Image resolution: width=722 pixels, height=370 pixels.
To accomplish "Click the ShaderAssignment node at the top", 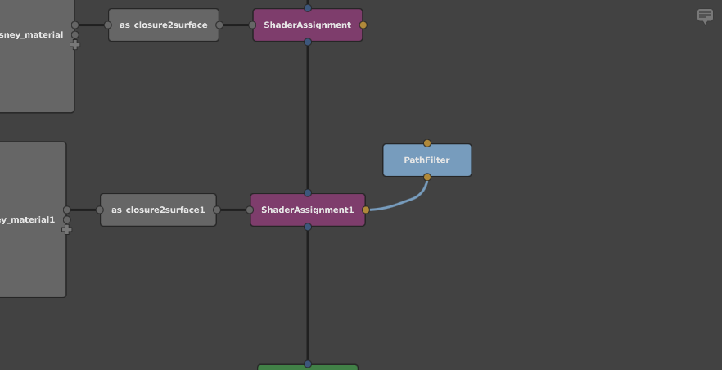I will point(308,25).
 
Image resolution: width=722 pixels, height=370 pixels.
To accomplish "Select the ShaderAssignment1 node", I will point(308,210).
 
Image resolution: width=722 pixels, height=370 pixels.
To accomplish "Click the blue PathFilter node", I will point(427,160).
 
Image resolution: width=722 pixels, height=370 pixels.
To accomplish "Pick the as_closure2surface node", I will point(164,25).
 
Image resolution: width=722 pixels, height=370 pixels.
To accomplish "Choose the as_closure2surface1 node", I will point(158,210).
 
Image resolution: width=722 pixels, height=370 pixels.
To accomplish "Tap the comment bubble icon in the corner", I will point(705,16).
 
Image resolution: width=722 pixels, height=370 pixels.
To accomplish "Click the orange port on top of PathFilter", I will point(427,143).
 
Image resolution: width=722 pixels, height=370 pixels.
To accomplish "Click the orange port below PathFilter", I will point(427,177).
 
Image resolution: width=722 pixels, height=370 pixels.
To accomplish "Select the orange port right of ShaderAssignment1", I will point(366,210).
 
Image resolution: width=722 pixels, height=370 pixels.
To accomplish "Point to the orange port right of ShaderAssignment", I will point(363,25).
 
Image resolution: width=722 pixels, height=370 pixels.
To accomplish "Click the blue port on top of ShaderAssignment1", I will point(308,193).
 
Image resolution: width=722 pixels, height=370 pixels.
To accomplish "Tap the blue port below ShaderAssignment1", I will point(308,227).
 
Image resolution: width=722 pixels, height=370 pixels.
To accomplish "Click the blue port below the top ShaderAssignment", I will point(308,42).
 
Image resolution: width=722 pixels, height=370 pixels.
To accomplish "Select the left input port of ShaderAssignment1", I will point(250,210).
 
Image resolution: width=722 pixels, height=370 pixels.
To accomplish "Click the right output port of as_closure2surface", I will point(219,25).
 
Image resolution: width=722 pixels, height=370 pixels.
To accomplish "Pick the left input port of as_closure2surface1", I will point(100,210).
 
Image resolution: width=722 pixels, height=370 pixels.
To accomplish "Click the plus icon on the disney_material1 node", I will point(67,229).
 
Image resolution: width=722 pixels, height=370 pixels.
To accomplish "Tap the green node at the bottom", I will point(308,368).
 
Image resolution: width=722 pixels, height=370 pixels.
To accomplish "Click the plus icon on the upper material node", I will point(75,44).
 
